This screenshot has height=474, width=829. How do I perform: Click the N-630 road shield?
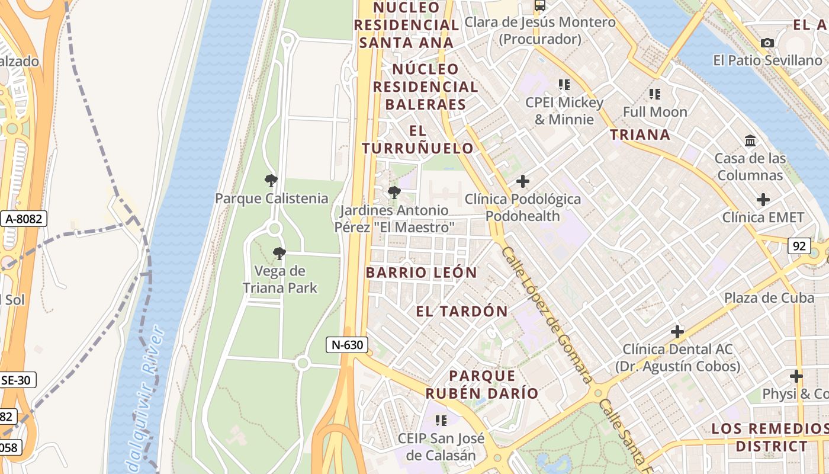346,345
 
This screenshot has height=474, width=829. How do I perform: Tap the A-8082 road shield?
24,219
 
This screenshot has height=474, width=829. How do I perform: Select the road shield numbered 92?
799,245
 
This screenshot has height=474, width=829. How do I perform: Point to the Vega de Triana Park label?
279,280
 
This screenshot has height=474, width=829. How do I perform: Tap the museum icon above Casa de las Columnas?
750,141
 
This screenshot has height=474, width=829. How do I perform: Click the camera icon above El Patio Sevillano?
767,43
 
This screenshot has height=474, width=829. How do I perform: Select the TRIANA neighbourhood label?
640,134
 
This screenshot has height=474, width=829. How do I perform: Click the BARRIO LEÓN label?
421,273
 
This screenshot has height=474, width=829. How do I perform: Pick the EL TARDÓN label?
462,311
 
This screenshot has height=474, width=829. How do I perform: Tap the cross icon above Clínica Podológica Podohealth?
522,181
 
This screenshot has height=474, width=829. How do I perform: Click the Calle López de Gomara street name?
546,314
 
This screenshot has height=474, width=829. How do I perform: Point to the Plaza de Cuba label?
769,297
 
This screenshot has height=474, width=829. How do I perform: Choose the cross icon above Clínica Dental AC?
677,332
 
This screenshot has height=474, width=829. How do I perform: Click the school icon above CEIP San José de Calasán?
441,421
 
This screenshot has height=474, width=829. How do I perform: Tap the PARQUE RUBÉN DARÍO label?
481,384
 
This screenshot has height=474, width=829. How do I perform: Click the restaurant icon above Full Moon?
654,94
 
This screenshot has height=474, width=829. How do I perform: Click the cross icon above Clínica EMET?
763,200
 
